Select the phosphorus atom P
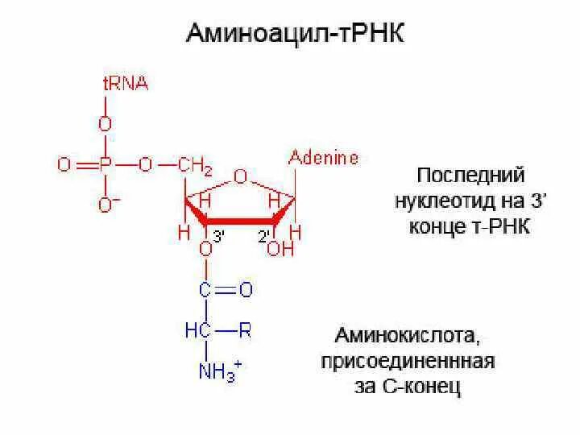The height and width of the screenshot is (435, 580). tap(104, 165)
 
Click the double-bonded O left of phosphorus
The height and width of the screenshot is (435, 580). tap(64, 165)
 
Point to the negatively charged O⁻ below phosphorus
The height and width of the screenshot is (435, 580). tap(106, 205)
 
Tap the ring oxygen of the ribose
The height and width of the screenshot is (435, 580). tap(239, 176)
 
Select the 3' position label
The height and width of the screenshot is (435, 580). tap(218, 235)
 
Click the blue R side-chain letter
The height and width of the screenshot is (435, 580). tap(244, 329)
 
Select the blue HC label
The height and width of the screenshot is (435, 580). tap(197, 329)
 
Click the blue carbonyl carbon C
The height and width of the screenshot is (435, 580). tap(206, 289)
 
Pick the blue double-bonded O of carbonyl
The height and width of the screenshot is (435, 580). tap(246, 289)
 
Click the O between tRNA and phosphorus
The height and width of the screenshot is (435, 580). tap(105, 124)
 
